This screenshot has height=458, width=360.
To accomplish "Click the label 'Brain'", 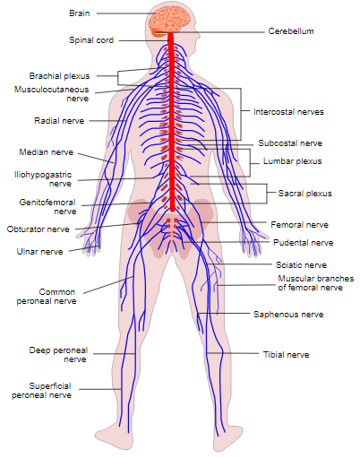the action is point(79,13).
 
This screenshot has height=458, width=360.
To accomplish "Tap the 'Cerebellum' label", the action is point(290,30).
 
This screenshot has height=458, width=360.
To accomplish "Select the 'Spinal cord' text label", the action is point(90,40).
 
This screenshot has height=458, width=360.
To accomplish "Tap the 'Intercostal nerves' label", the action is point(287,112).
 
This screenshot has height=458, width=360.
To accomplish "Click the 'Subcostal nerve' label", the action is point(290,143).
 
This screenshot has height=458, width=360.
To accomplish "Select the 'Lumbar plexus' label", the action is point(292,161).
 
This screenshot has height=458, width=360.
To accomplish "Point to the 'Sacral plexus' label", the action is point(304,193).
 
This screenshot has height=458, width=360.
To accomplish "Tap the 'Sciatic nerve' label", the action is point(301,265).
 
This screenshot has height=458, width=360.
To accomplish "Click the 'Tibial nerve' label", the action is point(286,354).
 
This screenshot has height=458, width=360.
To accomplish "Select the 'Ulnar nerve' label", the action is point(40,252).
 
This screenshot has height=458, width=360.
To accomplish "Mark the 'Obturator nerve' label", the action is point(38,229).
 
